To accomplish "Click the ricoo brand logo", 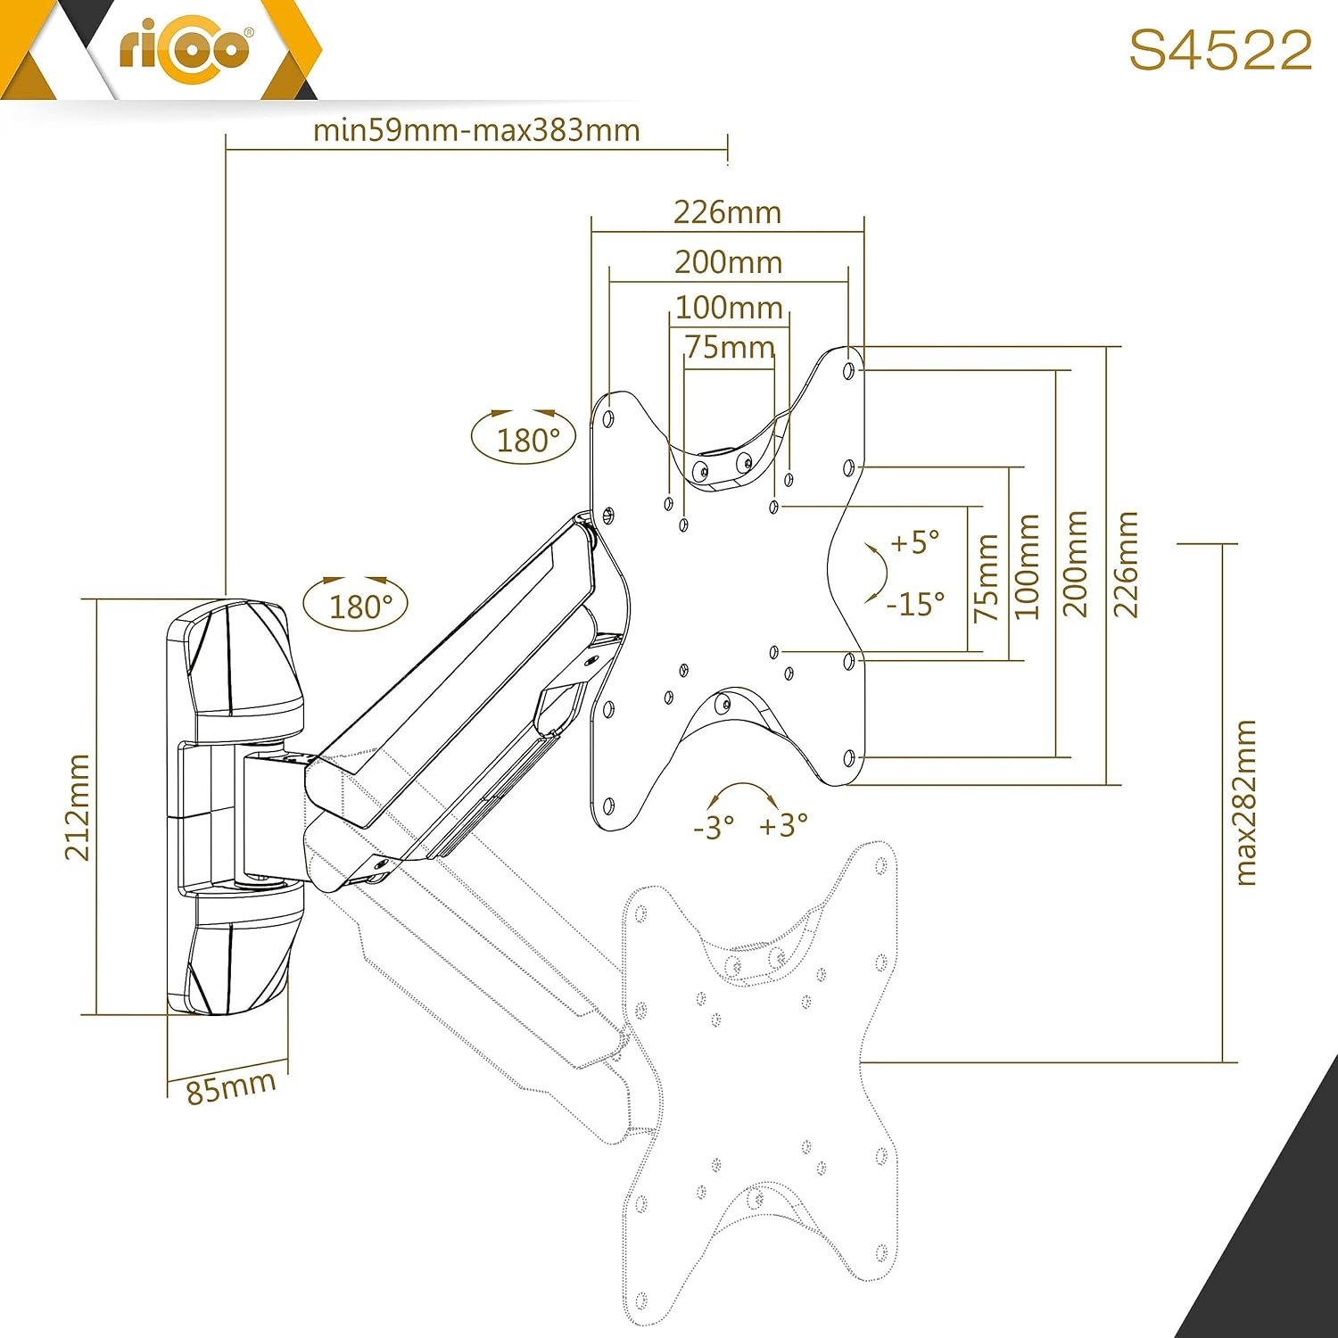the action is click(x=185, y=48).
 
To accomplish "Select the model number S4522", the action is click(x=1220, y=50).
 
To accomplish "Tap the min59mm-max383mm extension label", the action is click(x=476, y=130).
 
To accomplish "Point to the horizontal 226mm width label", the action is click(x=727, y=212).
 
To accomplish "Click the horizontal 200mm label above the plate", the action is click(x=728, y=262).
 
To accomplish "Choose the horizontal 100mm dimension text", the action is click(x=729, y=308).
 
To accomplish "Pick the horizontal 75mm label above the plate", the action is click(x=730, y=346).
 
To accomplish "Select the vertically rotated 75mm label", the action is click(x=987, y=578).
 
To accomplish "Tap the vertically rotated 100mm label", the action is click(x=1028, y=566).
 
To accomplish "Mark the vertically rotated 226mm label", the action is click(x=1126, y=565).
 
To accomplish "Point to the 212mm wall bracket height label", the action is click(x=78, y=807).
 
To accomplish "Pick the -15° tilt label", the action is click(x=915, y=605).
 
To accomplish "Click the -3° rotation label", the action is click(x=714, y=827).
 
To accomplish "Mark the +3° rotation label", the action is click(x=783, y=825).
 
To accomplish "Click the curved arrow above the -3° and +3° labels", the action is click(x=746, y=785).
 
